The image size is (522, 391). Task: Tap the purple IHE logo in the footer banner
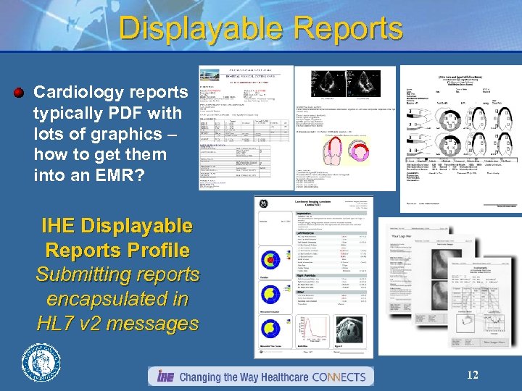click(x=165, y=377)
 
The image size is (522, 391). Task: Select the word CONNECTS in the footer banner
click(x=334, y=377)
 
